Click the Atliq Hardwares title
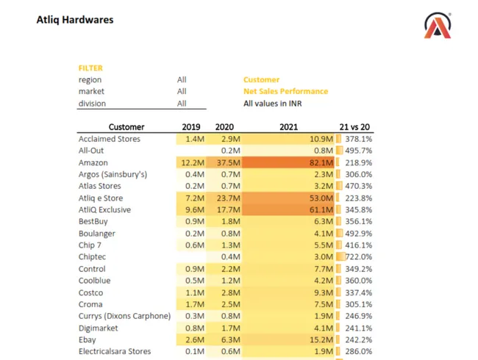75,20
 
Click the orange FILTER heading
90,68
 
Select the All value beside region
182,80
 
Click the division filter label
92,104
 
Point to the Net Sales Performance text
285,92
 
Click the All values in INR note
273,104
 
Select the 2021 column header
288,127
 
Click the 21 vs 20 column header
355,127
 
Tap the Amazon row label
93,162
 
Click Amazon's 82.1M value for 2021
321,162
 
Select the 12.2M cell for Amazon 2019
192,162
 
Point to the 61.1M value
321,210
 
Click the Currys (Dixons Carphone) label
124,316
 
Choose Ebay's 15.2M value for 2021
321,340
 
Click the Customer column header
126,127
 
